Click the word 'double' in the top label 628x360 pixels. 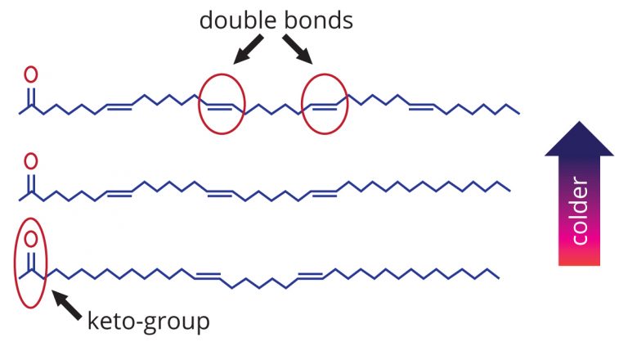[238, 20]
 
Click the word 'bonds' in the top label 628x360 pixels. [319, 20]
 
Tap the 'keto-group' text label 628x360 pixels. [149, 322]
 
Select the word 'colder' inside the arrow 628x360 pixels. [580, 211]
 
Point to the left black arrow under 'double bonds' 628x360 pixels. [249, 49]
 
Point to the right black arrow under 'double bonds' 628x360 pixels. [298, 49]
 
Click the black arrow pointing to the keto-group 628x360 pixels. [67, 305]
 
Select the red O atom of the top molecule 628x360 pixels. [31, 74]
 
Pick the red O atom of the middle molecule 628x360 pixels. [31, 161]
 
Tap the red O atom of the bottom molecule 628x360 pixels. [31, 239]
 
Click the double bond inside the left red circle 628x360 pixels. [220, 106]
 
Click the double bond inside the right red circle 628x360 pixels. [324, 106]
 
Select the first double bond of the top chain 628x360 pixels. [119, 106]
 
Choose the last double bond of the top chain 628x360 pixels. [421, 106]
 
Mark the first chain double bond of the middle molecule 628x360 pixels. [119, 193]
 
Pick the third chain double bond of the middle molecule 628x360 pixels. [324, 193]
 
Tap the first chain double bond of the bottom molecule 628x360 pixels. [208, 276]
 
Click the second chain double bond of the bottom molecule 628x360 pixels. [311, 276]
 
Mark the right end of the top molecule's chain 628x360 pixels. [519, 114]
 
